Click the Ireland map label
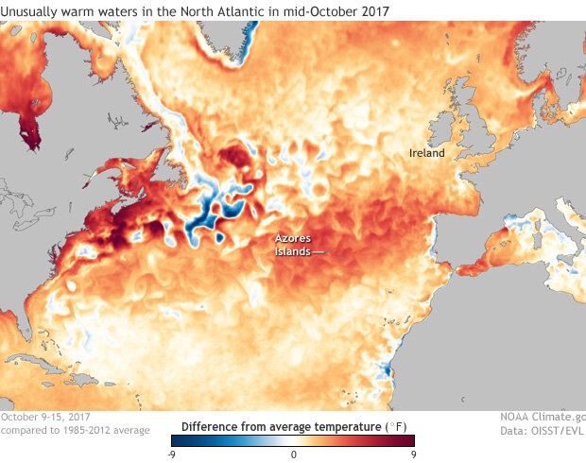(x=426, y=153)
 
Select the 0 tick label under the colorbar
(x=294, y=453)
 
